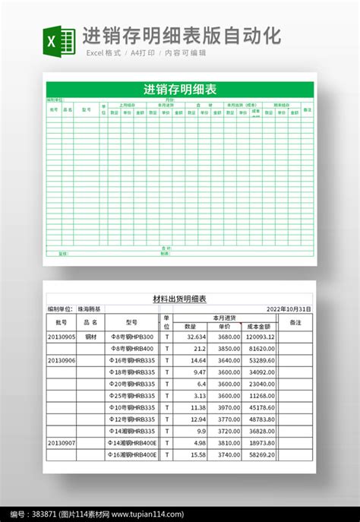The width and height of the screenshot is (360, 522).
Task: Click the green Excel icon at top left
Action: point(58,40)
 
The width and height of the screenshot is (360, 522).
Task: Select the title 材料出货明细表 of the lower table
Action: point(180,299)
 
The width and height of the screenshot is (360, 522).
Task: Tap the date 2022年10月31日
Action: point(289,309)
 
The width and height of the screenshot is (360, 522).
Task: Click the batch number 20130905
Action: point(62,337)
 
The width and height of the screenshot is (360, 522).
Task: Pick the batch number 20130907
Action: point(62,442)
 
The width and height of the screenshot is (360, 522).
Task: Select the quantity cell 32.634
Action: point(196,337)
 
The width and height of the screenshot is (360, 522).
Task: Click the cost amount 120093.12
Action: point(261,337)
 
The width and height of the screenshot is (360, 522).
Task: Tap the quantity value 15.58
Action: point(198,454)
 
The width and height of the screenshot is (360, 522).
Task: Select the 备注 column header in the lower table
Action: point(296,322)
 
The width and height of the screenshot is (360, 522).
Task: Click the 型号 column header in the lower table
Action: point(131,322)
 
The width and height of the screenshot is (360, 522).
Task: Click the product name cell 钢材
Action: point(90,337)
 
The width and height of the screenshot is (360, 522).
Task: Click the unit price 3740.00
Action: point(229,454)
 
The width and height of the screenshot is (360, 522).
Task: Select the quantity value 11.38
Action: point(198,407)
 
